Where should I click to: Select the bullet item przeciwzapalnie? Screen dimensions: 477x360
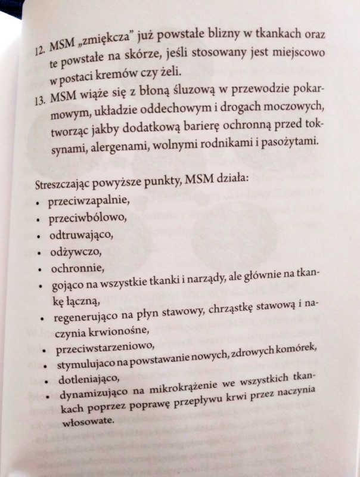coord(88,201)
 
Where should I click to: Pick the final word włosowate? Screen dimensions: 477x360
coord(85,422)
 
